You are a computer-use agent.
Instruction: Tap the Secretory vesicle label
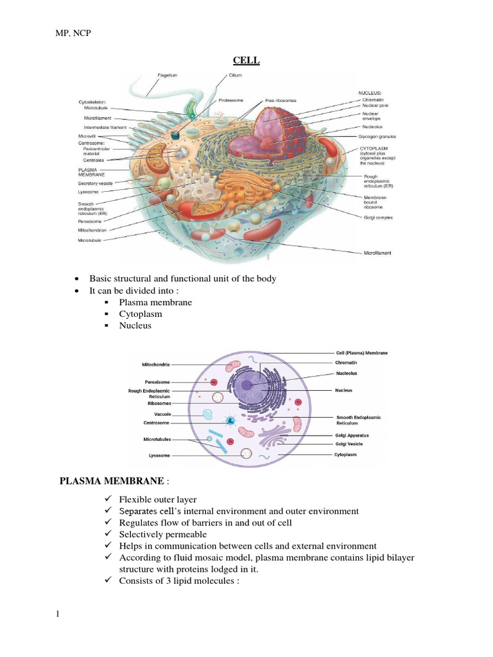tap(97, 183)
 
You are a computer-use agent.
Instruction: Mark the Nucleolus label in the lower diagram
tap(346, 373)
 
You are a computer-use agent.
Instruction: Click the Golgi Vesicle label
tap(349, 443)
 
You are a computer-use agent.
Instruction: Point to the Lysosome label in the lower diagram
tap(159, 456)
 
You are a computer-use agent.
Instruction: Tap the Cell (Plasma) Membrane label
tap(361, 352)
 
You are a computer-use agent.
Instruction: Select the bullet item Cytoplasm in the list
tap(140, 314)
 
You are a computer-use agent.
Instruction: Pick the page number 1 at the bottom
tap(58, 614)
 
